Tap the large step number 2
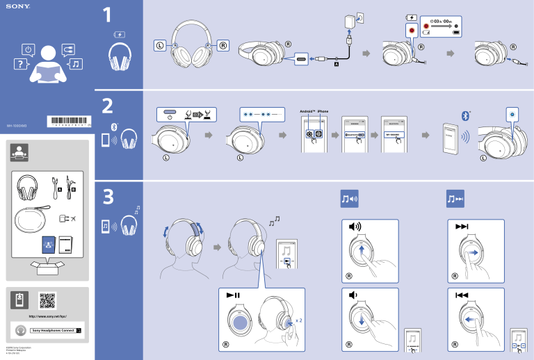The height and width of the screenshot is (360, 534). [107, 107]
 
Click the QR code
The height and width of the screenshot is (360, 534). [47, 300]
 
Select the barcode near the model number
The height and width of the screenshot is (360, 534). [67, 124]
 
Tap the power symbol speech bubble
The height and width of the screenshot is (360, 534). [27, 49]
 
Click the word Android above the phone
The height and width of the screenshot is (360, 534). [307, 112]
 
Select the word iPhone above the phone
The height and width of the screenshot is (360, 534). [323, 112]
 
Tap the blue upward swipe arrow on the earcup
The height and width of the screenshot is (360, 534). [363, 253]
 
